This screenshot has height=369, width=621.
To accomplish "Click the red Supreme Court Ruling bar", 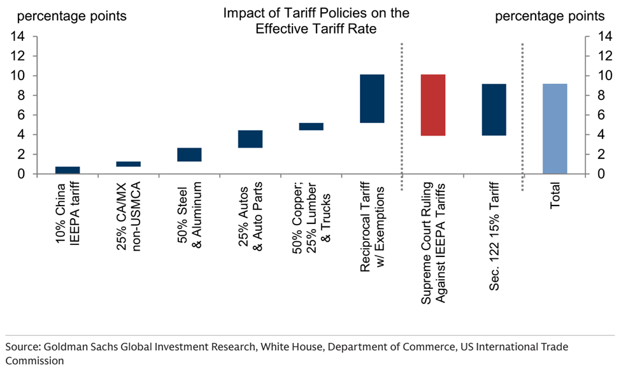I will click(432, 105).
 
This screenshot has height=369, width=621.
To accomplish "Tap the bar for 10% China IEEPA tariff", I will click(67, 170).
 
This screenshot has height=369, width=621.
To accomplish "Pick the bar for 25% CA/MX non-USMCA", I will click(128, 164).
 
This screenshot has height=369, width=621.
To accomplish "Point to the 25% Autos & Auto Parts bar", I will click(250, 139).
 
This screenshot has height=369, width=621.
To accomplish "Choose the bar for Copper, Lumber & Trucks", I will click(311, 127).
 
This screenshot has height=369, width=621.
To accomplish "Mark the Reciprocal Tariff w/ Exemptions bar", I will click(372, 99).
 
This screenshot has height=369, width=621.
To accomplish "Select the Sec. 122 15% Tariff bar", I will click(494, 109).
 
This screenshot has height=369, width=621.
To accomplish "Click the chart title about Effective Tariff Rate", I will click(316, 21).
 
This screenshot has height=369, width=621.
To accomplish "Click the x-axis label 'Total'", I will click(555, 197).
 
